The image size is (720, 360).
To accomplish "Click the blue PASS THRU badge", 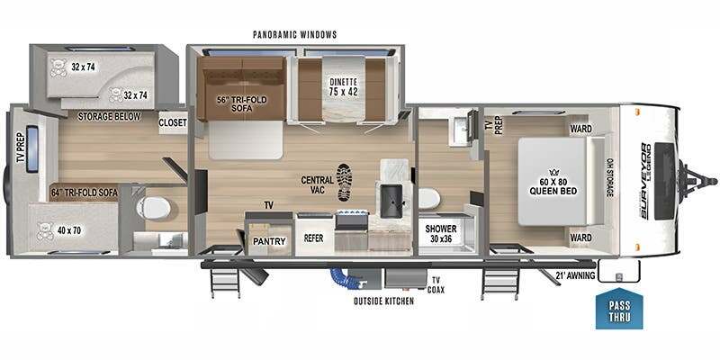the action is click(x=619, y=309).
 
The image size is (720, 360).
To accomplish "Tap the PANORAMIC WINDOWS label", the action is click(x=295, y=34).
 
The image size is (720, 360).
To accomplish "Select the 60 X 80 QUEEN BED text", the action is click(x=553, y=187).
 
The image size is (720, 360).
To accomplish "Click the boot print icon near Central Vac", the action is click(x=346, y=183).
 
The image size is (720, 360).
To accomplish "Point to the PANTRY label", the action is click(x=269, y=241).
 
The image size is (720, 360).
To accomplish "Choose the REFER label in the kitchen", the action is click(x=314, y=238).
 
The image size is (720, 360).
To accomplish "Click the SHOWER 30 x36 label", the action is click(x=440, y=233).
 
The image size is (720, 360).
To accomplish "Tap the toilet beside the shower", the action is click(x=429, y=199).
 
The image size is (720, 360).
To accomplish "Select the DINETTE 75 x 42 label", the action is click(x=344, y=87).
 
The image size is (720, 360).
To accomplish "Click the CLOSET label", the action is click(x=173, y=123).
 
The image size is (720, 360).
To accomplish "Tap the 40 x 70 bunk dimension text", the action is click(x=70, y=230).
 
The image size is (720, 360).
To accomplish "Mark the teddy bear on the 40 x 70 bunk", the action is click(x=45, y=231).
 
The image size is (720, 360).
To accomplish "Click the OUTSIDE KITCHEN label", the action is click(x=383, y=301).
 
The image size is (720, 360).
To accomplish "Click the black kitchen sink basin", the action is click(x=391, y=201).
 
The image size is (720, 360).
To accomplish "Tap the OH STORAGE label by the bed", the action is click(x=610, y=178).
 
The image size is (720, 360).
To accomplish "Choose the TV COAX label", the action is click(x=436, y=285).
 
